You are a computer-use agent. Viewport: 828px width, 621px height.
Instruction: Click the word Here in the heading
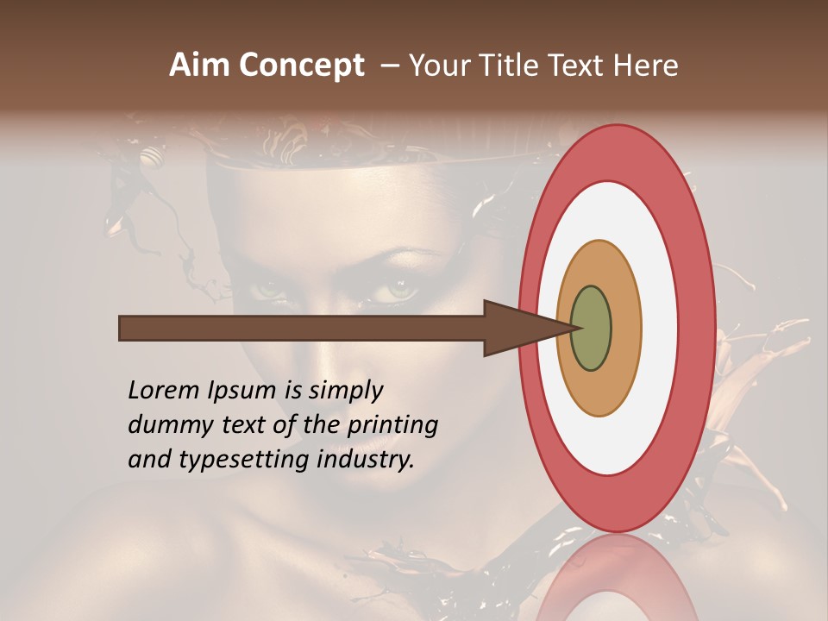coord(646,66)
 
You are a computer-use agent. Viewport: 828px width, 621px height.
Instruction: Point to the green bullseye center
coord(591,328)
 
